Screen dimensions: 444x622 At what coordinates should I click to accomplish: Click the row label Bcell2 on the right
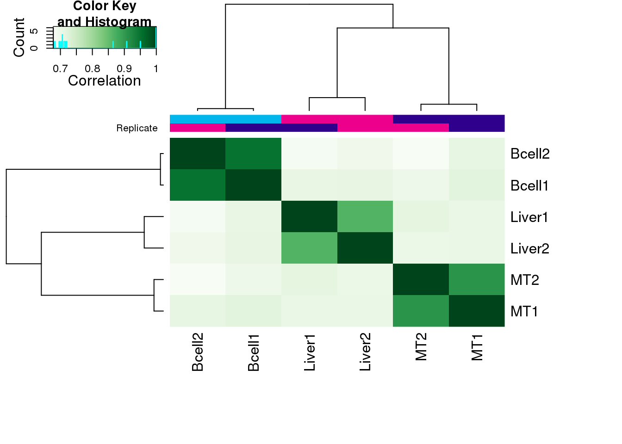coord(530,154)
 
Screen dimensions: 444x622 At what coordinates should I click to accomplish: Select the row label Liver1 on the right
coord(529,217)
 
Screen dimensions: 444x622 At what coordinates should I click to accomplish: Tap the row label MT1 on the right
coord(524,311)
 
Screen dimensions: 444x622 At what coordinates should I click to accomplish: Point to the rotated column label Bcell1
coord(254,352)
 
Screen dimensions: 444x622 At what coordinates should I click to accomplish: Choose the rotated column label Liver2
coord(365,352)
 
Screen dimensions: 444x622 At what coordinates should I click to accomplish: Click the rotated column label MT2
coord(421,347)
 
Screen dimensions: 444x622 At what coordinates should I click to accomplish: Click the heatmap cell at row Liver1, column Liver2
coord(365,217)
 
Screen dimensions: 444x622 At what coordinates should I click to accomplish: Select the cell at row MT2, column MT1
coord(477,279)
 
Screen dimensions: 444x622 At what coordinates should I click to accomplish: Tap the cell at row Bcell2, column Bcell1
coord(254,154)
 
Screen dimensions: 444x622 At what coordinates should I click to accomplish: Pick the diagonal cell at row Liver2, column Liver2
coord(365,248)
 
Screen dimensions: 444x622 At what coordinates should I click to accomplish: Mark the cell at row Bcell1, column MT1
coord(477,185)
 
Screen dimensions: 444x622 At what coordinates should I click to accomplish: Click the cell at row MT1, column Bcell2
coord(198,311)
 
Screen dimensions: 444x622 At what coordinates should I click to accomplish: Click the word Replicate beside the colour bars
coord(137,128)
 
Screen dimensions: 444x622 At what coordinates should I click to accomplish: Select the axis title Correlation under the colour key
coord(104,81)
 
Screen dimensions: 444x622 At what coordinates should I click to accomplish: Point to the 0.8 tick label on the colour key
coord(93,69)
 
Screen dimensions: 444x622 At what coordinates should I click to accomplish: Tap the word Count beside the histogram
coord(19,37)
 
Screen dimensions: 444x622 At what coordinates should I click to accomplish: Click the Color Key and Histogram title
coord(105,14)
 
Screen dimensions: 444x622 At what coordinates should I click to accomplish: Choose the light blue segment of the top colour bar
coord(225,119)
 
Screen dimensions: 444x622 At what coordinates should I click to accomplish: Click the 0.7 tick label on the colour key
coord(60,69)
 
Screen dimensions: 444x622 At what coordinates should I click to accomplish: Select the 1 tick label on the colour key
coord(156,69)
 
